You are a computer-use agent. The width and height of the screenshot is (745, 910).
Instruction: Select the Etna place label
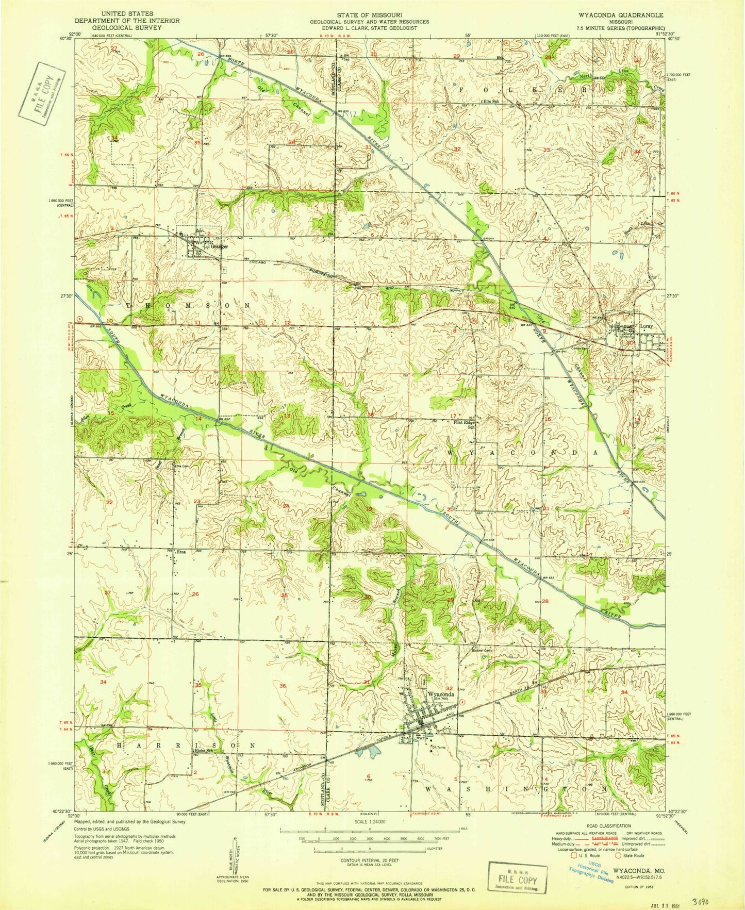click(180, 552)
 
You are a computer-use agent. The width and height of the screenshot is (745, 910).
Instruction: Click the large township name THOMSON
click(189, 305)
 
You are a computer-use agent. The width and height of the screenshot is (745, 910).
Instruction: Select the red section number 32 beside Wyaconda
click(449, 688)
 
